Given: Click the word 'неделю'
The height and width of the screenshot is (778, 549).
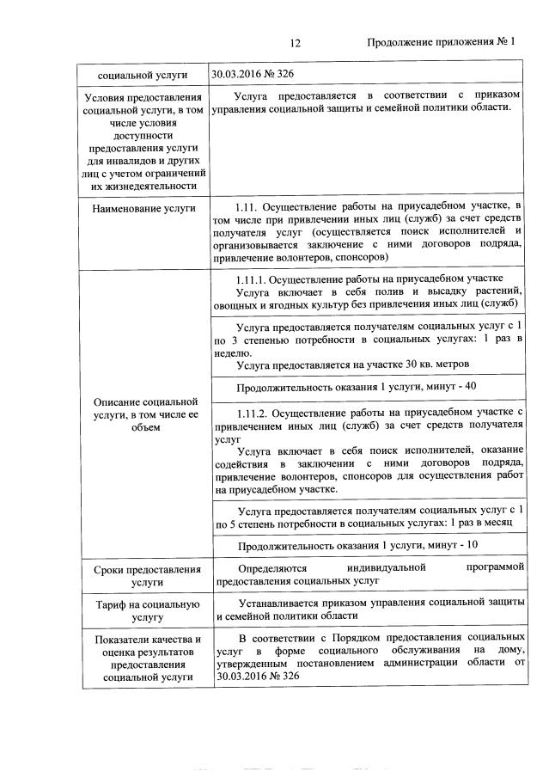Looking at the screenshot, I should pos(230,352).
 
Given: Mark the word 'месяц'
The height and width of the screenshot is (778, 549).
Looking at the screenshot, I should pos(496,522).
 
